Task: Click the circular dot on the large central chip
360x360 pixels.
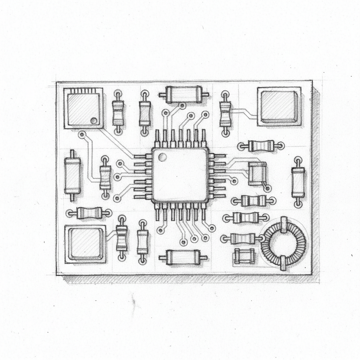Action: [162, 157]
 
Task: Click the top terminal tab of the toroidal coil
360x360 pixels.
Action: [283, 225]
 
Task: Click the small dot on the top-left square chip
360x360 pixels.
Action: [94, 121]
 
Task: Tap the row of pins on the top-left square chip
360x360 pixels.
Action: [83, 91]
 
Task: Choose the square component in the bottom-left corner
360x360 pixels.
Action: [85, 244]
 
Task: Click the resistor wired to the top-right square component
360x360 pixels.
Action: [225, 114]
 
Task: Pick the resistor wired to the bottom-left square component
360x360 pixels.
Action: [122, 238]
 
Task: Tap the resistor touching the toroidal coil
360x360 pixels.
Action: [243, 239]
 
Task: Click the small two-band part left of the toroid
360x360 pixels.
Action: [244, 256]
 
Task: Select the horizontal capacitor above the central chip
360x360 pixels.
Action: [184, 95]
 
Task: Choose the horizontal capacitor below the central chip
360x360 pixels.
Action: [183, 257]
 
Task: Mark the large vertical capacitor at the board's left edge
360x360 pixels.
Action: [72, 175]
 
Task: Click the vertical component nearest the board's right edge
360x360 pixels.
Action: [298, 182]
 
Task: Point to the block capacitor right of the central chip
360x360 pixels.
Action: [257, 173]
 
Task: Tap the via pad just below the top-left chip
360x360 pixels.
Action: [82, 134]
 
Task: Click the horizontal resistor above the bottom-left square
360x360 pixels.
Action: [89, 213]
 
